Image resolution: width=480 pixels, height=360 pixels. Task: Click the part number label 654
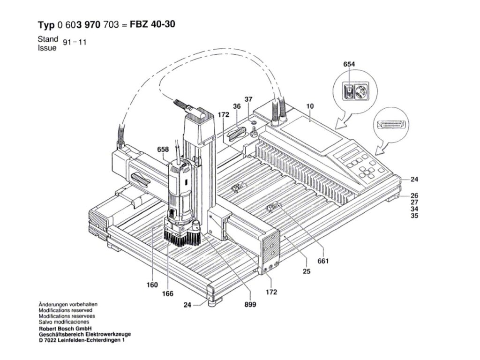349,64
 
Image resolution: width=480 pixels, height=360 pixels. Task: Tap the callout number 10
310,106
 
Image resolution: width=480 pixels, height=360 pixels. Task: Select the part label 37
248,99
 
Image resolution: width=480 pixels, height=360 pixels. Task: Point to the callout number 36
237,106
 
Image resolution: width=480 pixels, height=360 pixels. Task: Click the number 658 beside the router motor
163,150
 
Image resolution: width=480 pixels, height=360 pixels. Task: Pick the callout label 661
323,261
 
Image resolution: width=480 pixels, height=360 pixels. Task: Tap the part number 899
250,304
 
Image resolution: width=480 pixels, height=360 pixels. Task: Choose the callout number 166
167,293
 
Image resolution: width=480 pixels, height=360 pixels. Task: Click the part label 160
152,285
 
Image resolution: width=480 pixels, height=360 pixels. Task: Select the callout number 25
307,271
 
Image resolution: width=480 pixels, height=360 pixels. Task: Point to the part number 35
414,216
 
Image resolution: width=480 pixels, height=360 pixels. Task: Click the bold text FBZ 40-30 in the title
152,24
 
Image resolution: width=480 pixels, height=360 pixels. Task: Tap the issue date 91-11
75,42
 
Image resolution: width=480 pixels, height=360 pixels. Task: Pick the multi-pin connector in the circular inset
391,124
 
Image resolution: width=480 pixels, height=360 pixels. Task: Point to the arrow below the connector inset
385,146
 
